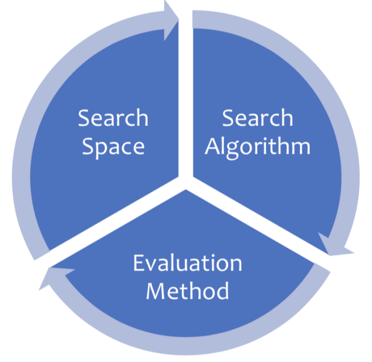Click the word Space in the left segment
[x=113, y=146]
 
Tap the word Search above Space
[x=113, y=118]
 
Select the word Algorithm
[x=258, y=146]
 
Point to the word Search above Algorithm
[x=258, y=118]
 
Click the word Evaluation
[x=187, y=263]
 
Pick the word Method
[x=187, y=291]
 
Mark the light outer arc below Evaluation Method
[x=188, y=346]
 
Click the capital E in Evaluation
[x=138, y=263]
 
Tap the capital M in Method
[x=156, y=291]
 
